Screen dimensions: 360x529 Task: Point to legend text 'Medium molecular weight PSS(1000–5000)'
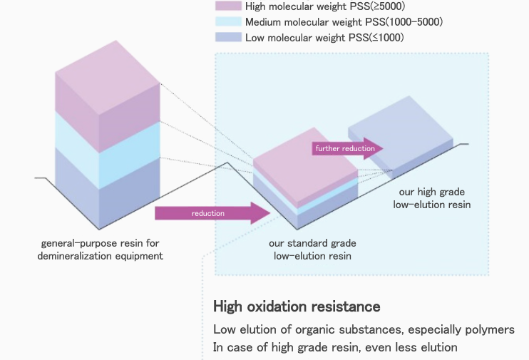tap(344, 22)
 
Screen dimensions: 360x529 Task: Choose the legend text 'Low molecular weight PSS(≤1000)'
tap(324, 37)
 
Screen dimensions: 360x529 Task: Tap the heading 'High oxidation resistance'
tap(297, 307)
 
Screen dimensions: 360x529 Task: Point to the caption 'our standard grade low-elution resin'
tap(312, 250)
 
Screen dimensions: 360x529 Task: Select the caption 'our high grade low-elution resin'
tap(432, 198)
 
